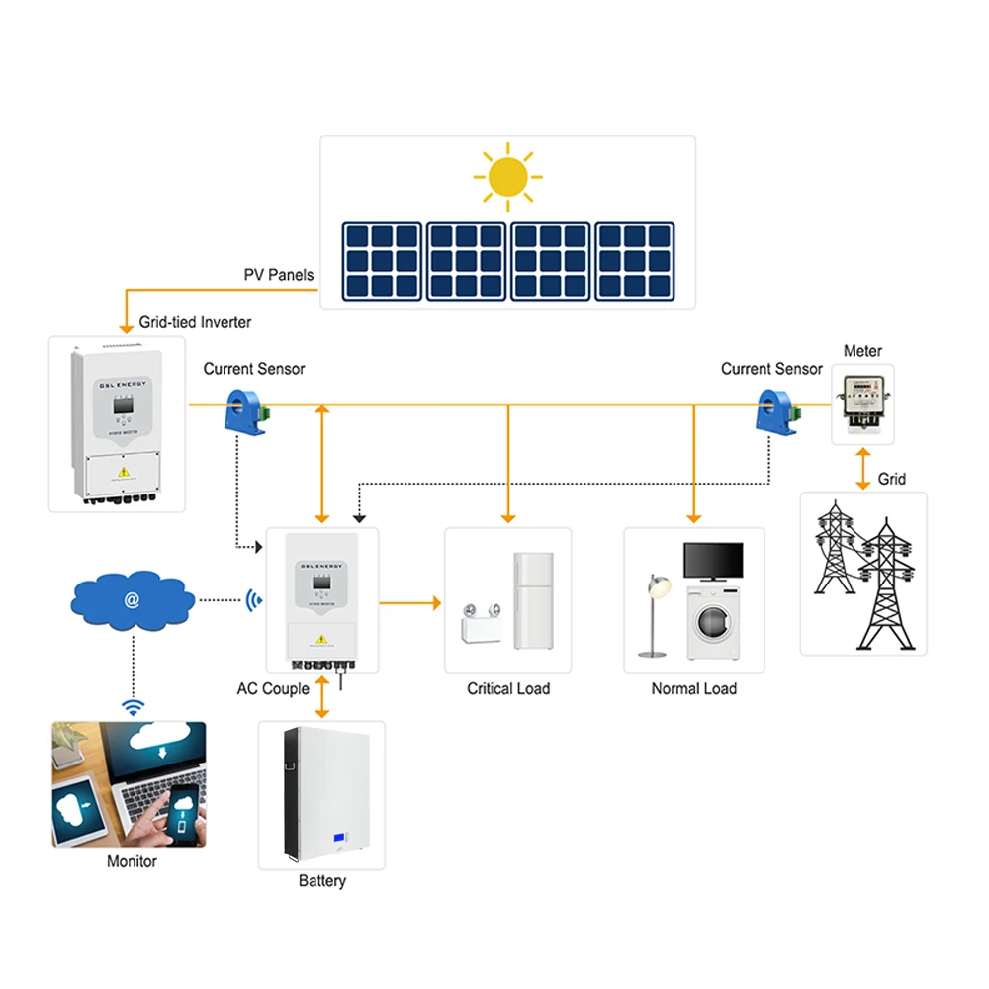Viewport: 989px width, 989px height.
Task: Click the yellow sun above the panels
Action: [508, 178]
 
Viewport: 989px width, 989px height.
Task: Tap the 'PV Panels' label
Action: [278, 274]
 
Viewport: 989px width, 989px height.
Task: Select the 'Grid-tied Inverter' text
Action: [195, 322]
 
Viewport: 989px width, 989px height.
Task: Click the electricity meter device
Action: [861, 405]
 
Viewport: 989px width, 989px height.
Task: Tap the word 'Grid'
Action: [891, 479]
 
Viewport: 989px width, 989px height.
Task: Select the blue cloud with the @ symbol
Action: [133, 599]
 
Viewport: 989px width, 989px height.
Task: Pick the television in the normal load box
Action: [714, 561]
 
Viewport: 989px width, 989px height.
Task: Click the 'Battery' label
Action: [322, 880]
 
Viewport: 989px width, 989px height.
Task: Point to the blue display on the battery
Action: [342, 841]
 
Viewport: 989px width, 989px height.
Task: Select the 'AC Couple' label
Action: [273, 688]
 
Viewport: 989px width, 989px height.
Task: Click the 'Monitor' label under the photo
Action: [132, 861]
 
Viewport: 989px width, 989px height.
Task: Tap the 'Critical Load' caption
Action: [508, 688]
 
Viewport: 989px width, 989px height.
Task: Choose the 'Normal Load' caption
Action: [693, 688]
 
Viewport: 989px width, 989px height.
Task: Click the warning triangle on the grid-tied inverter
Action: [123, 472]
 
